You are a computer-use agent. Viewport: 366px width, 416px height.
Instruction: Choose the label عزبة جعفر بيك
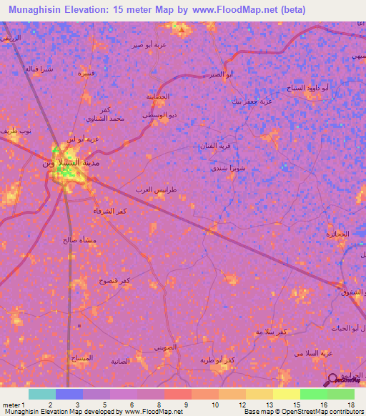click(x=252, y=101)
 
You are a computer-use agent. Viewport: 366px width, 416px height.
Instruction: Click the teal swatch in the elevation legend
click(x=41, y=394)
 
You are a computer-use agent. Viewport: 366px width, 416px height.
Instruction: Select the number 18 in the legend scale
click(x=351, y=405)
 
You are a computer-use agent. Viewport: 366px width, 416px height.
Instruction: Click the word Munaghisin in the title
click(x=36, y=10)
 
